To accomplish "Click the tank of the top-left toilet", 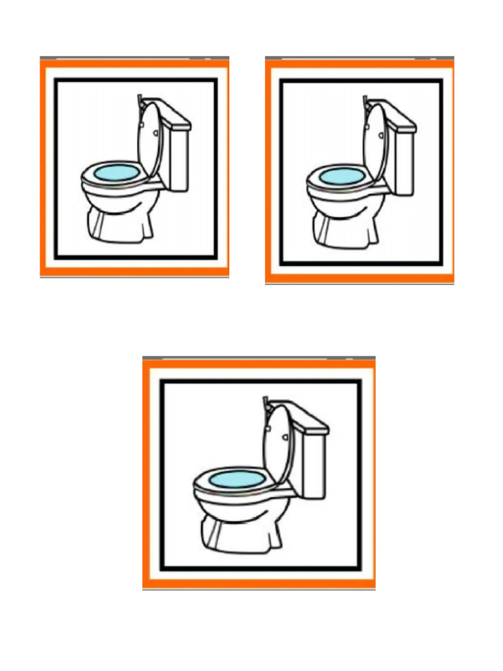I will coord(178,157).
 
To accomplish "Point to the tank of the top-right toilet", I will coord(404,161).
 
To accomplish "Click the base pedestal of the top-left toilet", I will coord(121,226).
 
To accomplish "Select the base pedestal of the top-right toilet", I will coord(346,231).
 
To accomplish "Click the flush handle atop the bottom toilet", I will coord(265,402).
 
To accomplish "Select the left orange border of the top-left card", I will coord(44,167).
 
